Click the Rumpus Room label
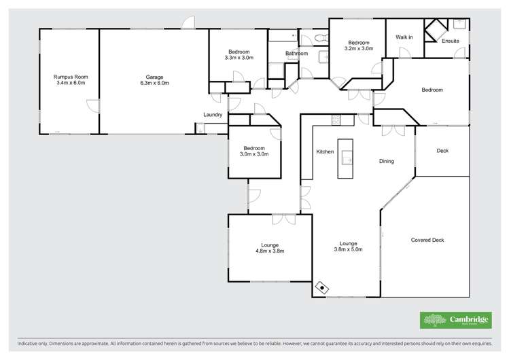click(71, 79)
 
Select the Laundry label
click(213, 115)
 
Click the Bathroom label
click(296, 54)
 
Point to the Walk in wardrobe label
click(404, 37)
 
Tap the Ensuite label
click(451, 41)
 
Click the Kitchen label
click(325, 151)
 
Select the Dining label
click(387, 161)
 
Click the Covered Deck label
click(427, 240)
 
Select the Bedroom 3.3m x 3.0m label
click(239, 55)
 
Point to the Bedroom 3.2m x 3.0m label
click(359, 45)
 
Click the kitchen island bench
click(346, 159)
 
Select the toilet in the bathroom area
click(321, 39)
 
